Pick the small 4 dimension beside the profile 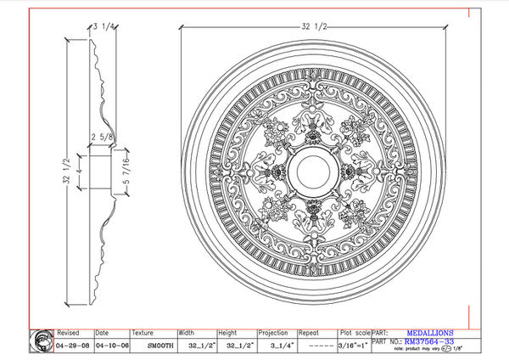tap(77, 173)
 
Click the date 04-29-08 tap(71, 346)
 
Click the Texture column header tap(143, 333)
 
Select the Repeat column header tap(309, 333)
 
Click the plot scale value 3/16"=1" tap(352, 346)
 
